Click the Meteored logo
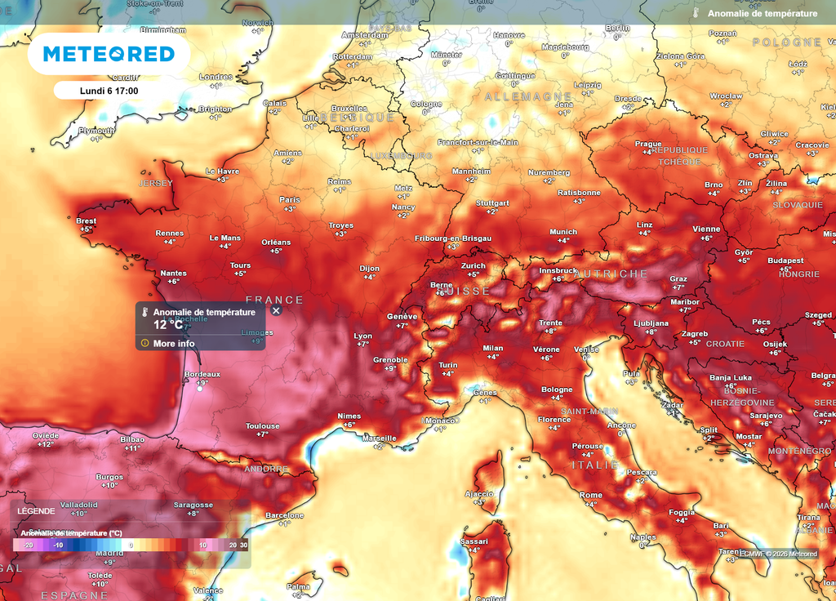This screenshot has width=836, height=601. click(109, 54)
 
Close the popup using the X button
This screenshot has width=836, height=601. click(276, 310)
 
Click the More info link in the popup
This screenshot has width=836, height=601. click(174, 343)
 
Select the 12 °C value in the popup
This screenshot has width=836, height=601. click(168, 325)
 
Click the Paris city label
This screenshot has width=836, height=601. click(290, 199)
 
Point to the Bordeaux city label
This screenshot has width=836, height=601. click(202, 373)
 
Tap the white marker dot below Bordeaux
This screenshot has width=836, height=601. click(199, 389)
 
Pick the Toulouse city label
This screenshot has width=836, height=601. click(262, 425)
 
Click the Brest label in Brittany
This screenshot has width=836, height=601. click(86, 220)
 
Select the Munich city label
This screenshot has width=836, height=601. click(563, 231)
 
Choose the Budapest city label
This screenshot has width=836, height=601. click(785, 260)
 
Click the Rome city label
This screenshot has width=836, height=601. click(590, 495)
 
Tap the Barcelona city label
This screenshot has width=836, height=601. click(284, 515)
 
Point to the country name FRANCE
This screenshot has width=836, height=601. click(274, 300)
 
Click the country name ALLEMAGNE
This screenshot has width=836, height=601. click(518, 96)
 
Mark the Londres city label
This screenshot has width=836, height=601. click(216, 77)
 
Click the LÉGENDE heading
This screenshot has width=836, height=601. click(36, 511)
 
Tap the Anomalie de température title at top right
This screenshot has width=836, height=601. click(762, 14)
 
